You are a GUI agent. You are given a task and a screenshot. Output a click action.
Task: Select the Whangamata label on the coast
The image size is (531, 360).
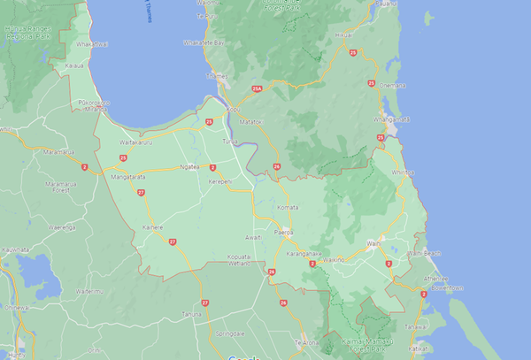tap(393, 119)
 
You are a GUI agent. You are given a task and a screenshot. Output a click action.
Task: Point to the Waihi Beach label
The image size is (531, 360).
tap(423, 254)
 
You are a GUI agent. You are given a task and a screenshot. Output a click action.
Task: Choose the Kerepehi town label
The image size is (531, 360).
tap(219, 181)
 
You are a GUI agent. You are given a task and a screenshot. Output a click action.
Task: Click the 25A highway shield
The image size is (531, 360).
tap(257, 88)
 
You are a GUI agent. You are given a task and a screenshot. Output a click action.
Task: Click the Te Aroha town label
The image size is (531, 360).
tap(305, 342)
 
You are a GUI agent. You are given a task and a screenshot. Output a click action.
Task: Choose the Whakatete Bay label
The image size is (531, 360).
tap(204, 42)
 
